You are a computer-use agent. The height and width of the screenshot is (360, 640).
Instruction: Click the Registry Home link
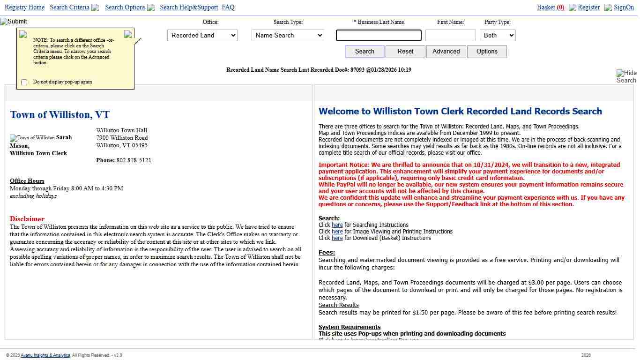click(24, 7)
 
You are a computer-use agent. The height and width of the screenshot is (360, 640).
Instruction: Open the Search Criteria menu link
click(69, 7)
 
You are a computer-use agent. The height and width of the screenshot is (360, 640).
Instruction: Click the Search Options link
click(125, 7)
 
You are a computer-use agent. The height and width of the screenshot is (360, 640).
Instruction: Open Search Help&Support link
click(189, 7)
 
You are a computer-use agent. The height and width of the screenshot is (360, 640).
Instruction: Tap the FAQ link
click(228, 7)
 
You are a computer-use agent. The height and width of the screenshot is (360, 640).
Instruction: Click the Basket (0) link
click(551, 7)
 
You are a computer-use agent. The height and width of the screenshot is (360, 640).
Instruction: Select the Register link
click(588, 7)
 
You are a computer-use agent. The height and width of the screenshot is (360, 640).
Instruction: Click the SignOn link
click(624, 7)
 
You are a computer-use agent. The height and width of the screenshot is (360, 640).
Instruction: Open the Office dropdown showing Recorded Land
click(202, 36)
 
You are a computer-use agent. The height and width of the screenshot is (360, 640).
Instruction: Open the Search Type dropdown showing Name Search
click(288, 36)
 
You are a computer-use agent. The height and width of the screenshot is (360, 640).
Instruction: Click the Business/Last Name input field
click(379, 36)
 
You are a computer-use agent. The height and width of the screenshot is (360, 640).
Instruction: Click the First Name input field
click(450, 36)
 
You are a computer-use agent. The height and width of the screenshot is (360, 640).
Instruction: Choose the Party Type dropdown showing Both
click(498, 36)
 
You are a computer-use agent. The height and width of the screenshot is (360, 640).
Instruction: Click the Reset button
click(405, 52)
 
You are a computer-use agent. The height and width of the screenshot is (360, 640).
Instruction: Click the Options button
click(487, 52)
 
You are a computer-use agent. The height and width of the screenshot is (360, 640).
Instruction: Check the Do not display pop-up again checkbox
click(24, 82)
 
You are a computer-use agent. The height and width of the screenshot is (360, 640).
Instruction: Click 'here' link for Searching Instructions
click(337, 225)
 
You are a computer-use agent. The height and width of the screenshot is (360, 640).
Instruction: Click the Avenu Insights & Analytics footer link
click(52, 355)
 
